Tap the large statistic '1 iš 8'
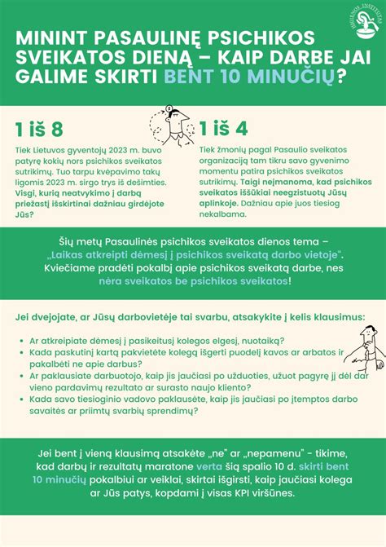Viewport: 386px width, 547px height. pos(38,130)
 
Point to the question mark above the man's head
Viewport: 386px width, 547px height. pos(168,108)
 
